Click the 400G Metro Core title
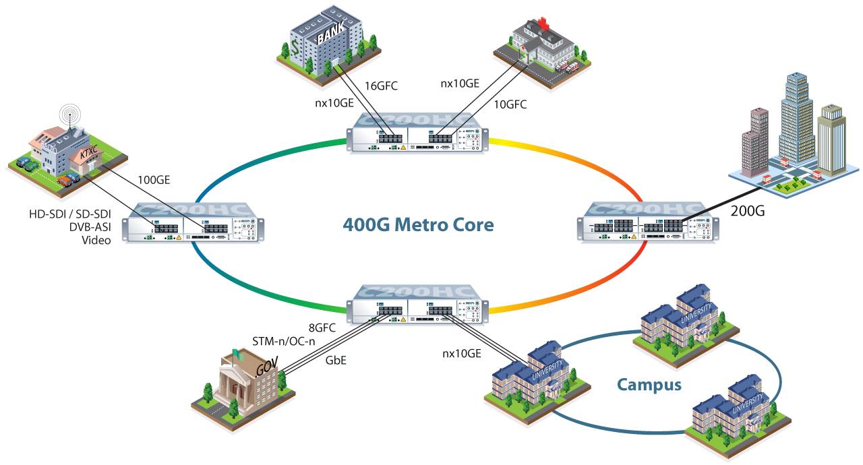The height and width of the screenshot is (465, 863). pyautogui.click(x=418, y=224)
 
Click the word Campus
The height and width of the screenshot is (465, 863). pyautogui.click(x=649, y=385)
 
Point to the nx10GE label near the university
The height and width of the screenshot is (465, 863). pyautogui.click(x=462, y=352)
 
